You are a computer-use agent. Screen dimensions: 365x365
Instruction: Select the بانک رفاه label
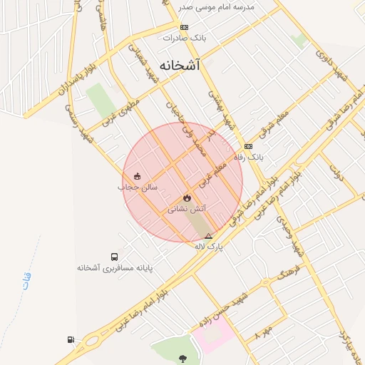[250, 156]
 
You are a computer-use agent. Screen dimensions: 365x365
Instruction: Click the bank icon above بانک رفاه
[248, 146]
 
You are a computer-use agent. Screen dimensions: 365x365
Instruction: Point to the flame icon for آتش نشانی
[187, 198]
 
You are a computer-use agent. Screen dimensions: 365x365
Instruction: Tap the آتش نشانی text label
[187, 210]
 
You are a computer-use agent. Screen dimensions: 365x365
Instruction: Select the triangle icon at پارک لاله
[208, 236]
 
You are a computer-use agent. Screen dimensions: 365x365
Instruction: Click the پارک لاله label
[209, 246]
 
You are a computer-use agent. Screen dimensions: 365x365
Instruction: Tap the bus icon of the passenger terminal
[114, 257]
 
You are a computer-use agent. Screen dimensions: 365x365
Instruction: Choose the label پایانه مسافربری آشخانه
[116, 268]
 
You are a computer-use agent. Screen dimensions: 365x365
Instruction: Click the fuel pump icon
[71, 339]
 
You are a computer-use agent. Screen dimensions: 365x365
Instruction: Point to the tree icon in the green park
[185, 359]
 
